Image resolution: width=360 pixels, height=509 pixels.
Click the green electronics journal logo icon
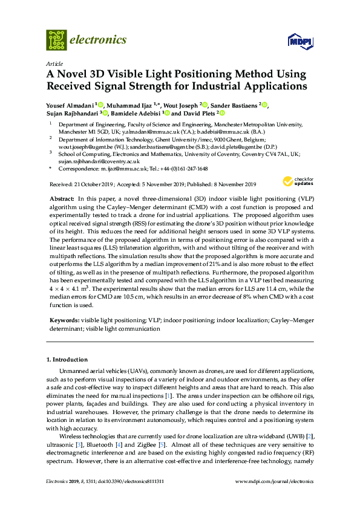[x=56, y=40]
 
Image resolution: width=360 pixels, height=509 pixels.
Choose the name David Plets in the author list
[x=199, y=113]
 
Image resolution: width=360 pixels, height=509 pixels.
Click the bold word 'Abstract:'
[x=61, y=198]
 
